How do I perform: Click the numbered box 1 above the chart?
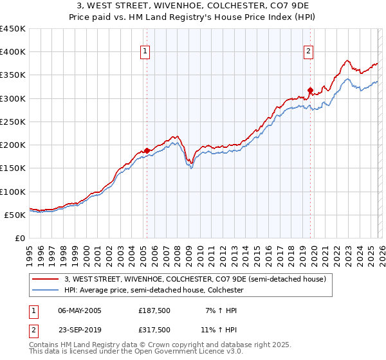click(x=145, y=52)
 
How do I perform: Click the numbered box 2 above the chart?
click(x=309, y=52)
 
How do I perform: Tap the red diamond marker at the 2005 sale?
click(x=147, y=150)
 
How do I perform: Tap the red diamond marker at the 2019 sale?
click(x=310, y=90)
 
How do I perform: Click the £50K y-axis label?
click(x=15, y=215)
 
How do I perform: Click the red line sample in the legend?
click(x=45, y=280)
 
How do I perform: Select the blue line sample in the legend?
click(x=45, y=291)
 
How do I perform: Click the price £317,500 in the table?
click(x=154, y=329)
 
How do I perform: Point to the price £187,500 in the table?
click(x=154, y=310)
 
